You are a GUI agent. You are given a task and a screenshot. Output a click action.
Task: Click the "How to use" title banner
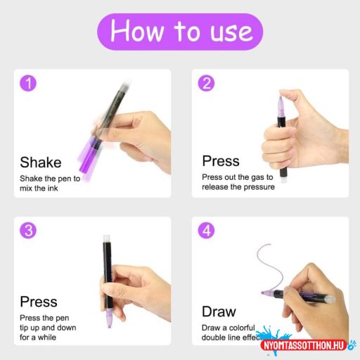coord(180,32)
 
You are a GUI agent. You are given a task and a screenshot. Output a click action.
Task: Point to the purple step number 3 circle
coord(29,231)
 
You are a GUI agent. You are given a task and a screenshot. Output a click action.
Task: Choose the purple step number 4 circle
coord(206,231)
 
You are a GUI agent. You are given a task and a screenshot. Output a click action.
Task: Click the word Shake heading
coord(41,162)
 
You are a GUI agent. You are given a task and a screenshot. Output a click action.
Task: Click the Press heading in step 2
coord(221,161)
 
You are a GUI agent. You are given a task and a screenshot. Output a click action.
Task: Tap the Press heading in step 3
coord(39,302)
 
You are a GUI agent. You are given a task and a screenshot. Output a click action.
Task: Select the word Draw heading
coord(219,311)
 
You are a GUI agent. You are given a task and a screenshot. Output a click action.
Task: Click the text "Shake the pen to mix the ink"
coord(50,184)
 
